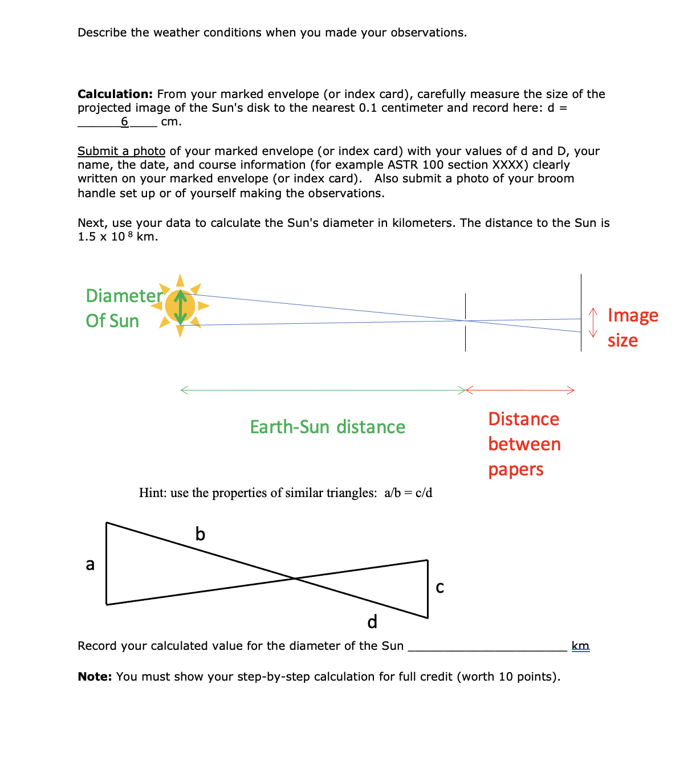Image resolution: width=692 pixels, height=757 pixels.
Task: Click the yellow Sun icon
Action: [x=180, y=306]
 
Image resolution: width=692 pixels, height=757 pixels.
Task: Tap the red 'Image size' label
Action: [x=632, y=328]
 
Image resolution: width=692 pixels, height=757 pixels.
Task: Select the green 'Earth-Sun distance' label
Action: [x=327, y=427]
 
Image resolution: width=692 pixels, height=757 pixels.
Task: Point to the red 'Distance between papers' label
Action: [x=524, y=444]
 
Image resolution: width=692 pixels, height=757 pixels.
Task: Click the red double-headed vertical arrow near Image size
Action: [x=593, y=323]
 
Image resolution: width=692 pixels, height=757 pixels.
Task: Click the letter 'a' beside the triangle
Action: [x=90, y=564]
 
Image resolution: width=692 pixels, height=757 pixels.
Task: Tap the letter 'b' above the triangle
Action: [x=200, y=534]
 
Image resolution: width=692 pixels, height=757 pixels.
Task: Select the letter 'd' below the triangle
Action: [x=372, y=621]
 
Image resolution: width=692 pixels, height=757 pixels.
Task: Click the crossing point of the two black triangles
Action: [x=295, y=579]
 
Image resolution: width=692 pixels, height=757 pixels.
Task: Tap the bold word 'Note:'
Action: [x=95, y=677]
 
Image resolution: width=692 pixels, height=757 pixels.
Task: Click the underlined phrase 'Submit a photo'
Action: [x=121, y=151]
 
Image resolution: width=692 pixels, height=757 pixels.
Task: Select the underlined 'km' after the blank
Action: [x=580, y=646]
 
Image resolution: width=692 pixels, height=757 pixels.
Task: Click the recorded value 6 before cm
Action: [x=124, y=121]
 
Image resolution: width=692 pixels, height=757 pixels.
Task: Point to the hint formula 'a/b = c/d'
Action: [x=408, y=493]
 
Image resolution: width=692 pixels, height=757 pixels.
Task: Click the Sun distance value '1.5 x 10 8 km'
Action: [x=117, y=237]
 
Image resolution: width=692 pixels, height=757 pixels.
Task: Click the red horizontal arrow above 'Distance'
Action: [x=520, y=390]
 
